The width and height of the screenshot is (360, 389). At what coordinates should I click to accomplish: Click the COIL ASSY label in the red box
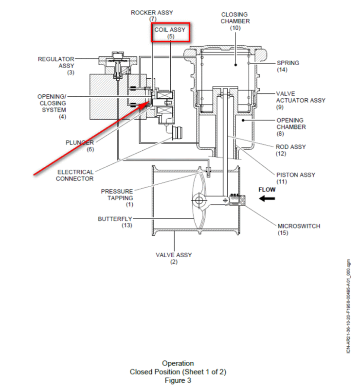(x=170, y=30)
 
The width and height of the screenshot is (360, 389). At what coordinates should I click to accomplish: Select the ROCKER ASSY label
(x=152, y=13)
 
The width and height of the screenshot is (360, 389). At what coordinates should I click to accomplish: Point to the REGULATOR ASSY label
(x=56, y=62)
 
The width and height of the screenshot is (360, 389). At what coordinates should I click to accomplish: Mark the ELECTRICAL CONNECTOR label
(x=75, y=175)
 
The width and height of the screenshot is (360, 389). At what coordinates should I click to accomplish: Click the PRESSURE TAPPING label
(x=117, y=194)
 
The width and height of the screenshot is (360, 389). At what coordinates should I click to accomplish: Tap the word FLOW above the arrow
(x=267, y=190)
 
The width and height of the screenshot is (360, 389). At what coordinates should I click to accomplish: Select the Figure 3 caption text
(x=178, y=380)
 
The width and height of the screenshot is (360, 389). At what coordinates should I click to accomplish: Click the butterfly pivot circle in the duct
(x=198, y=200)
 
